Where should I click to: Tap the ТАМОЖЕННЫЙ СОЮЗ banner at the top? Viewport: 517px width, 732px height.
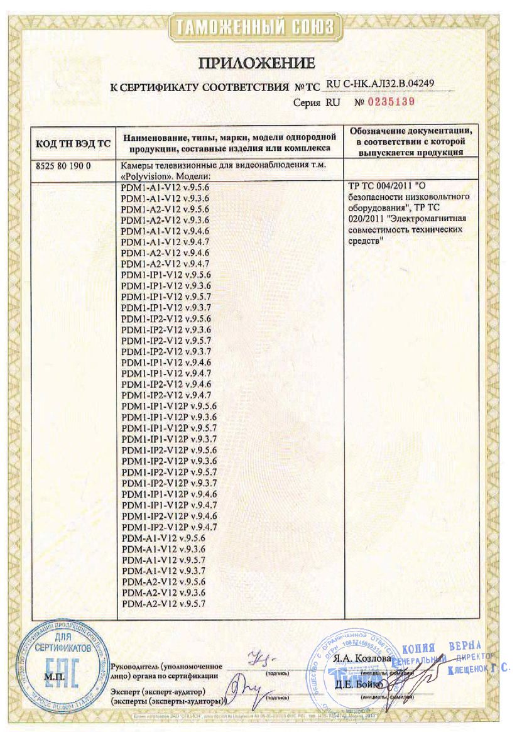click(258, 26)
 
